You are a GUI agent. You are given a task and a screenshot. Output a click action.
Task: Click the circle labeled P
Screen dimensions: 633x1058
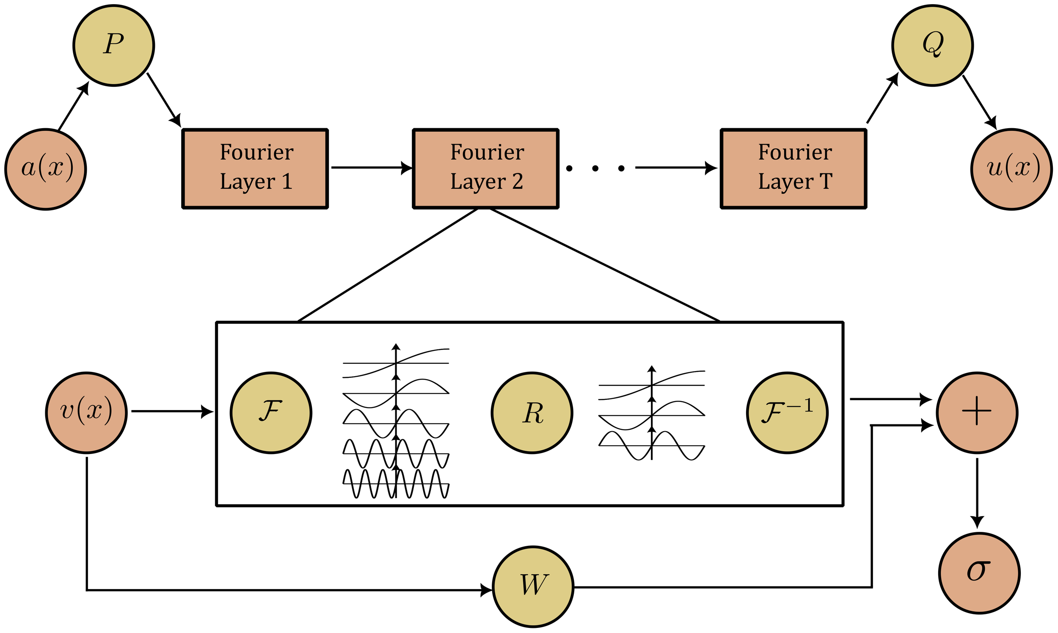tap(113, 45)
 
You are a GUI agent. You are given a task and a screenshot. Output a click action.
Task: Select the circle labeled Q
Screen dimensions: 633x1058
tap(932, 45)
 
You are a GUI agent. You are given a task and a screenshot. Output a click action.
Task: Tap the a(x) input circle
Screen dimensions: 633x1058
tap(46, 169)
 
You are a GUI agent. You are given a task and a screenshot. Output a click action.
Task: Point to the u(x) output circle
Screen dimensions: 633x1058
tap(1011, 169)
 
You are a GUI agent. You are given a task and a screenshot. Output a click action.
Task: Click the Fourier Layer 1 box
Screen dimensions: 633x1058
tap(255, 168)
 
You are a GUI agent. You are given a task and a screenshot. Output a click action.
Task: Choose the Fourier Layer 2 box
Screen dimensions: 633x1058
tap(485, 168)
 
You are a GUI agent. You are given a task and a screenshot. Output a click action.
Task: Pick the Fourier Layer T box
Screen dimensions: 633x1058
tap(793, 168)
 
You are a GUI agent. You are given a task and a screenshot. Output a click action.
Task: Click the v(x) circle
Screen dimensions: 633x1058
tap(86, 413)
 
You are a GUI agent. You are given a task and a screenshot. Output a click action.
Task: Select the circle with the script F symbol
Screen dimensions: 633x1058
tap(271, 413)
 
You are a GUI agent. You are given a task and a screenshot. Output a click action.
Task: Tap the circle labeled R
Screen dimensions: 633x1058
tap(532, 413)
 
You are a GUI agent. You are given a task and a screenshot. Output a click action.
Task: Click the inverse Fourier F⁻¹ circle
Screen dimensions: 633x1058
tap(787, 413)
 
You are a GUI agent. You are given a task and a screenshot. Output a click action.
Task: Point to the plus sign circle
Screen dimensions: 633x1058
tap(977, 413)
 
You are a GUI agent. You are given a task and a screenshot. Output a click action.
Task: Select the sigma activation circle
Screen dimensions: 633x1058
tap(980, 573)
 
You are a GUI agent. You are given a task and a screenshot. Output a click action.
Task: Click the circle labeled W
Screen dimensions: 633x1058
tap(533, 586)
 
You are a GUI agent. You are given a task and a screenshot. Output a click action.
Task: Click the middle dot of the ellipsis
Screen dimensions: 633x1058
tap(595, 168)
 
